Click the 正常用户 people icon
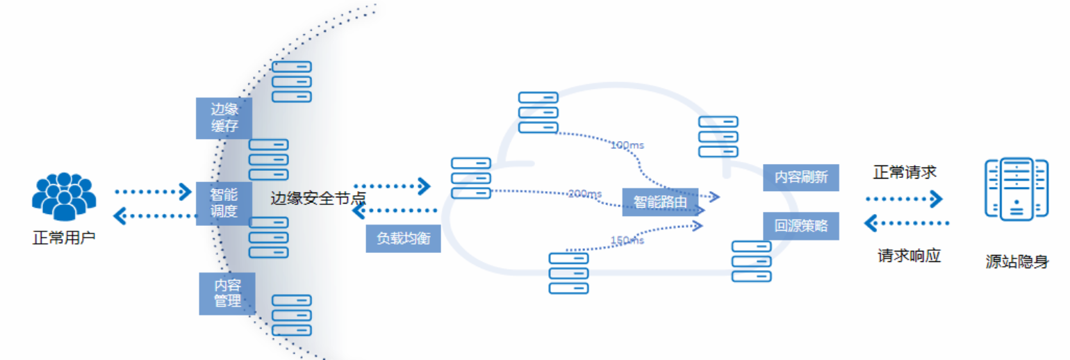[x=63, y=197]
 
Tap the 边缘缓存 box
[x=224, y=117]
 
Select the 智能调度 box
[x=224, y=203]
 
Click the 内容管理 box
[x=227, y=293]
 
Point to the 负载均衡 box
[x=403, y=238]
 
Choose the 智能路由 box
[x=660, y=202]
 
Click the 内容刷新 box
[x=800, y=177]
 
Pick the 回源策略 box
[x=800, y=226]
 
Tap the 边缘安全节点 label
[x=318, y=199]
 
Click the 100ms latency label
[x=627, y=145]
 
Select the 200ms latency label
[x=584, y=193]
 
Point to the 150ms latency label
[x=627, y=240]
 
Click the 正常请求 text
[x=905, y=172]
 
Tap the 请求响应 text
[x=909, y=256]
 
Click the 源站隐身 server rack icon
[x=1016, y=189]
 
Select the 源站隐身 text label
[x=1016, y=262]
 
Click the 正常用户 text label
[x=63, y=238]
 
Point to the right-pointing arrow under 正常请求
[x=904, y=199]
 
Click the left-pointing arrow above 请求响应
[x=906, y=223]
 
